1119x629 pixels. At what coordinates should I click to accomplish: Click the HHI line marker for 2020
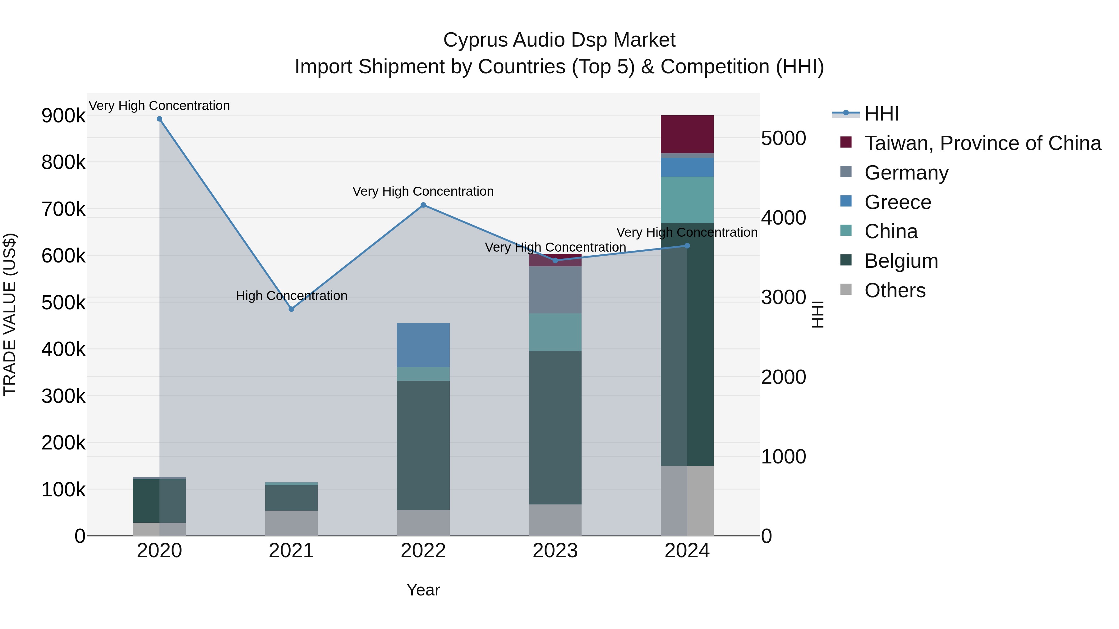coord(159,119)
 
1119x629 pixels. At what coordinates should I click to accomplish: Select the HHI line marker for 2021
coord(292,309)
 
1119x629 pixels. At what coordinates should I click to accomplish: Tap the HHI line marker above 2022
coord(424,205)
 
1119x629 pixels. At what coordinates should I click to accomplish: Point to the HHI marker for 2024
coord(687,246)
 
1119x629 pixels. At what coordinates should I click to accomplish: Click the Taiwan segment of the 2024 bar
coord(687,134)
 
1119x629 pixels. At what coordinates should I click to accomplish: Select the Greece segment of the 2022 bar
coord(424,345)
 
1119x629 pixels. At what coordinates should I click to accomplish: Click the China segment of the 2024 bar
coord(687,200)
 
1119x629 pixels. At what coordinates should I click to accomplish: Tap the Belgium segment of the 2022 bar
coord(424,445)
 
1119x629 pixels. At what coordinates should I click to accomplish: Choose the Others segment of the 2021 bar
coord(292,523)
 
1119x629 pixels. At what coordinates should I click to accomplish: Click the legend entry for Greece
coord(897,202)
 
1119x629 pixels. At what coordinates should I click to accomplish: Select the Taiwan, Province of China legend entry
coord(983,143)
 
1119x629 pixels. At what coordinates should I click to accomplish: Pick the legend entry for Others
coord(895,290)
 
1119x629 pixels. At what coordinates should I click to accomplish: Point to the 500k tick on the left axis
coord(63,303)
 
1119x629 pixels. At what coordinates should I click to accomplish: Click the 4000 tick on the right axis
coord(784,218)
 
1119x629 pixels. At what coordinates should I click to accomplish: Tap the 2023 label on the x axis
coord(555,551)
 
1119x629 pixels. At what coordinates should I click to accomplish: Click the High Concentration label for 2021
coord(292,296)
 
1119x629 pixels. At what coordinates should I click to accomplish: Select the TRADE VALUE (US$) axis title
coord(10,314)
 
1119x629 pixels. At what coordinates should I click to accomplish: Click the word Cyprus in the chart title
coord(475,40)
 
